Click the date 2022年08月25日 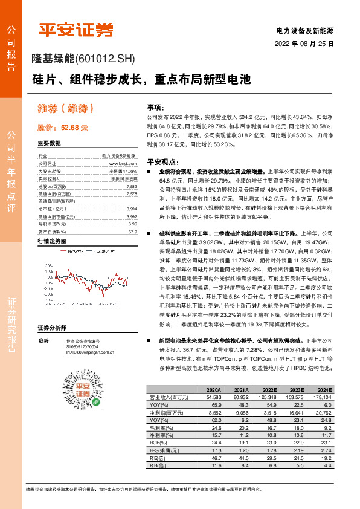tap(304, 44)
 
